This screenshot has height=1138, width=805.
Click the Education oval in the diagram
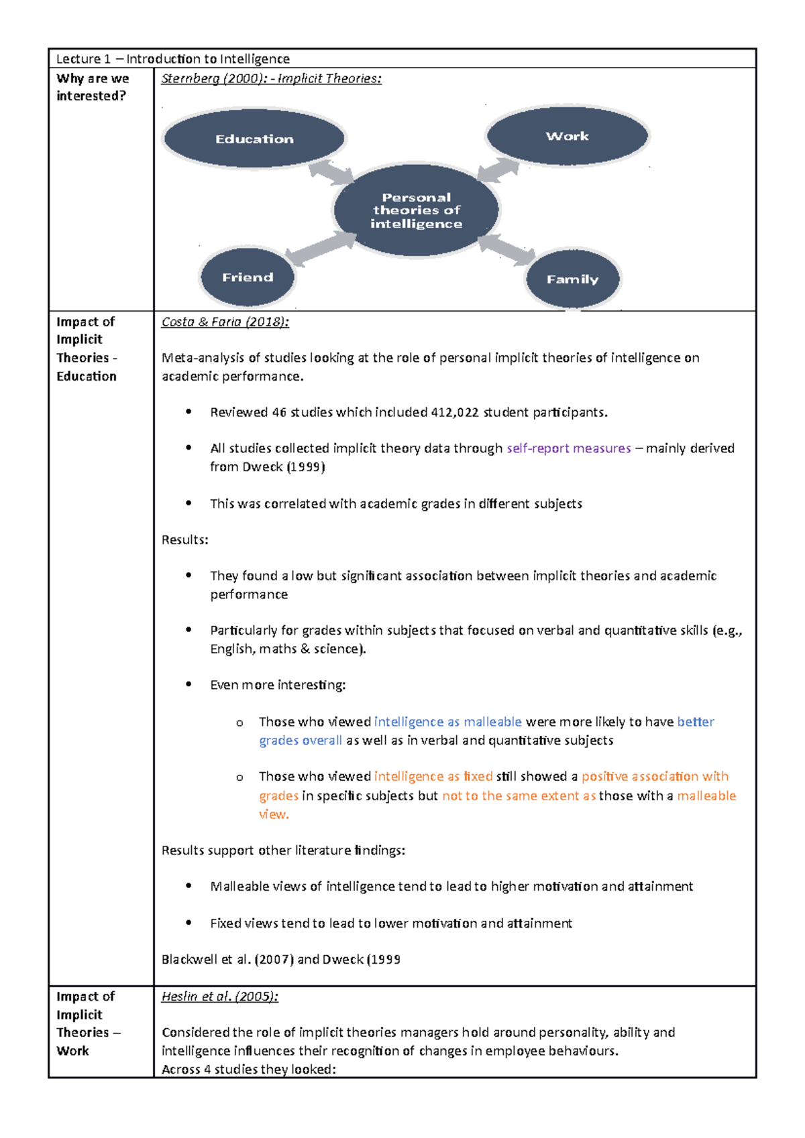pyautogui.click(x=254, y=139)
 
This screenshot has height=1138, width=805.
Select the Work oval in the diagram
pyautogui.click(x=567, y=136)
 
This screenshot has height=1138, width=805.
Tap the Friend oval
pyautogui.click(x=248, y=277)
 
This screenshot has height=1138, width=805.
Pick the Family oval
pyautogui.click(x=572, y=279)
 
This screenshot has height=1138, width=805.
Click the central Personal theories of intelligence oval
pyautogui.click(x=416, y=210)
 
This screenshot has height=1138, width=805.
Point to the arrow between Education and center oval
pyautogui.click(x=331, y=172)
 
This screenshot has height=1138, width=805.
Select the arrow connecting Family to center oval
pyautogui.click(x=507, y=249)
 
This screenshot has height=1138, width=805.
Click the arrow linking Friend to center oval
pyautogui.click(x=320, y=248)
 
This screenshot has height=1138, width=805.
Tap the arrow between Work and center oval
pyautogui.click(x=498, y=170)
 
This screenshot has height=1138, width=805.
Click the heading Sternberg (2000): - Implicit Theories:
pyautogui.click(x=271, y=78)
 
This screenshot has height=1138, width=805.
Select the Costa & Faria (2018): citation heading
pyautogui.click(x=225, y=322)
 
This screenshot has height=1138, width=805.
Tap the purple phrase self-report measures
pyautogui.click(x=568, y=448)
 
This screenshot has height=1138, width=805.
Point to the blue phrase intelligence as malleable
pyautogui.click(x=447, y=721)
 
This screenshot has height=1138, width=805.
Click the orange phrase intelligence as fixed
pyautogui.click(x=433, y=776)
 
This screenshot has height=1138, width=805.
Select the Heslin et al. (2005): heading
pyautogui.click(x=219, y=996)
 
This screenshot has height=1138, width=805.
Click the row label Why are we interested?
pyautogui.click(x=93, y=87)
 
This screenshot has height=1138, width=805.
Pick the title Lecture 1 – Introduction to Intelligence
pyautogui.click(x=173, y=59)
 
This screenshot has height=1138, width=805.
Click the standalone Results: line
pyautogui.click(x=184, y=540)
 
